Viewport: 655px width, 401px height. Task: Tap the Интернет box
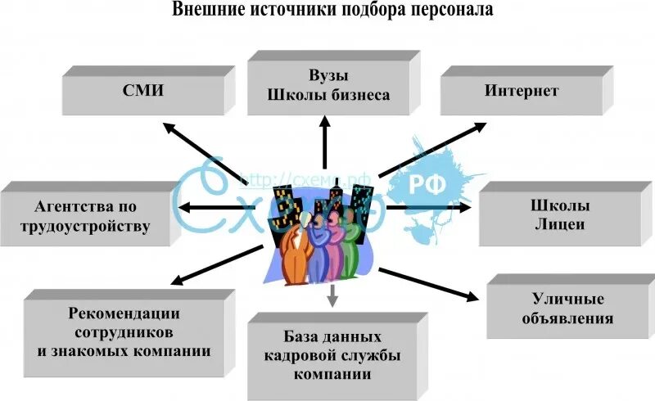522,91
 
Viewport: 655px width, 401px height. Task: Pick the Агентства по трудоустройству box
93,215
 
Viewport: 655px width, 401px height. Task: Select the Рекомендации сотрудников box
124,331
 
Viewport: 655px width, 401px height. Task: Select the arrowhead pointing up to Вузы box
325,122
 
